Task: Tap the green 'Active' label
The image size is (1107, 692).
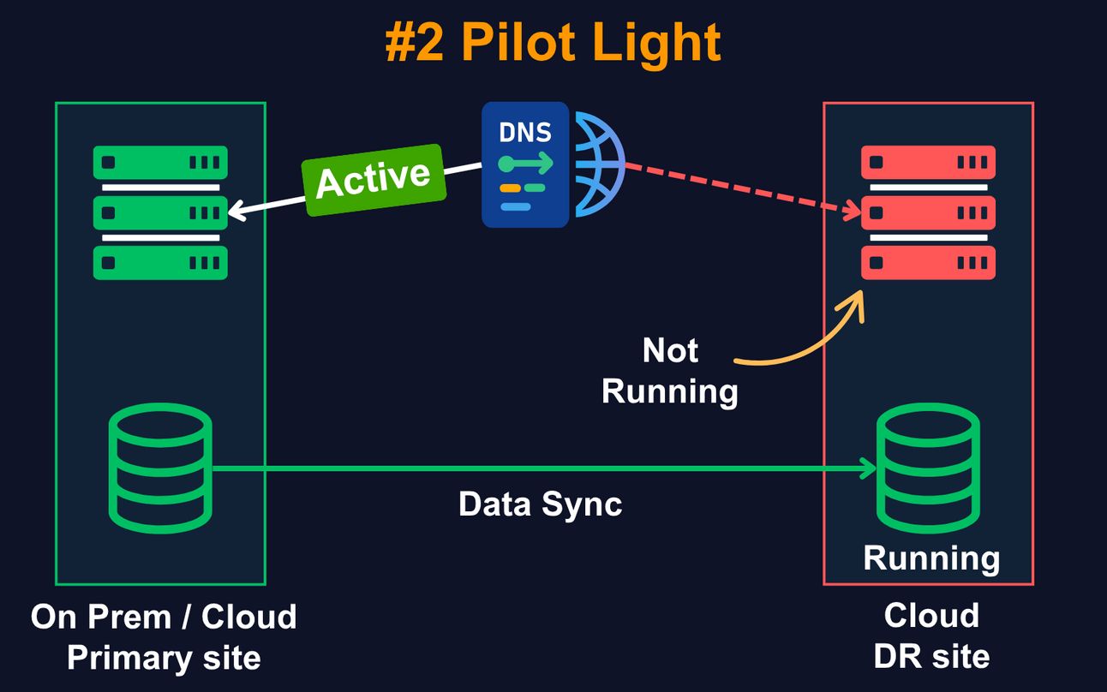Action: click(x=374, y=180)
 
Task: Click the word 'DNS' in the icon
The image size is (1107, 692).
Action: click(x=525, y=133)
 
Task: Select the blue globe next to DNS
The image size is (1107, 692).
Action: click(x=600, y=164)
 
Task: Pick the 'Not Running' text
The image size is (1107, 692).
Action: click(x=670, y=370)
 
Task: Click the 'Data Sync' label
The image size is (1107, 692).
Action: click(x=540, y=504)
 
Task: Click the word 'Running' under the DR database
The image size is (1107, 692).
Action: click(x=931, y=558)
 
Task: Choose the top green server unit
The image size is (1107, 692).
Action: click(x=160, y=162)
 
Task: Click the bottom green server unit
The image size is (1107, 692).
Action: click(x=160, y=263)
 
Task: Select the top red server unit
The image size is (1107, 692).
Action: click(x=928, y=162)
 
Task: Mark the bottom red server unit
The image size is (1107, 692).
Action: click(x=928, y=263)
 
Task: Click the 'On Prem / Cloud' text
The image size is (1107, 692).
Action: click(x=164, y=617)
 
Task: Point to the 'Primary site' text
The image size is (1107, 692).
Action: click(x=164, y=658)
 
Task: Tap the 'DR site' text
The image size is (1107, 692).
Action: click(x=931, y=656)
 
